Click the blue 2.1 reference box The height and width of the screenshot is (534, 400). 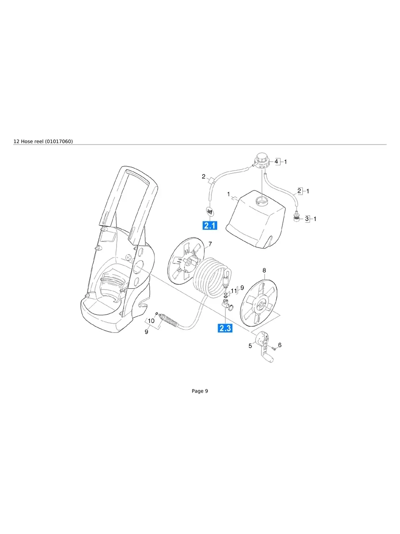tap(210, 226)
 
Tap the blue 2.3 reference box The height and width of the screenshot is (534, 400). tap(225, 328)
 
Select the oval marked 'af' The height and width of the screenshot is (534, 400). tap(210, 212)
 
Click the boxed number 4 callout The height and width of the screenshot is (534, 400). tap(277, 162)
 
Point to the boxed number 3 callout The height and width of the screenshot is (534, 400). tap(307, 218)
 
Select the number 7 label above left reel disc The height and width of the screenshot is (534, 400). tap(210, 244)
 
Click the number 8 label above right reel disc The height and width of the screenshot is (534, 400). tap(264, 270)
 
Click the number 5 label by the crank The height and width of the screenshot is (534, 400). tap(250, 346)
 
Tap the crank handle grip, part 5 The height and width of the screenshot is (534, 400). tap(269, 359)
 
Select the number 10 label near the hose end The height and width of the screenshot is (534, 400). tap(151, 321)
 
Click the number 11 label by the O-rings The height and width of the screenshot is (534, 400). tap(234, 291)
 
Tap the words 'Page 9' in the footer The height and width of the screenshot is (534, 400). tap(200, 391)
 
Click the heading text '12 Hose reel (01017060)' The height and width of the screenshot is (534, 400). tap(43, 141)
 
